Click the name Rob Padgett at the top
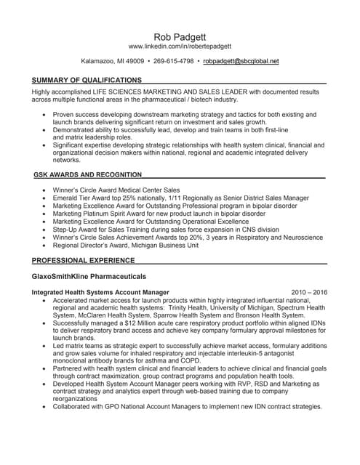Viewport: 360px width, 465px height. click(179, 35)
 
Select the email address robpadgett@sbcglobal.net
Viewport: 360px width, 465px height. click(241, 62)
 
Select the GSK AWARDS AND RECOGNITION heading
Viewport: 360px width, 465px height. click(87, 175)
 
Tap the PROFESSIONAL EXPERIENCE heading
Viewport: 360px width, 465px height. click(83, 259)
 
